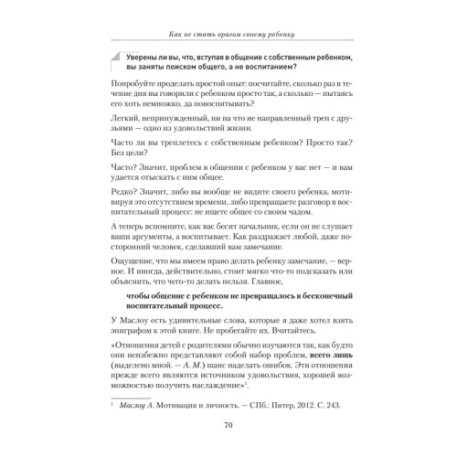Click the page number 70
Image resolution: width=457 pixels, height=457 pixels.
(x=228, y=423)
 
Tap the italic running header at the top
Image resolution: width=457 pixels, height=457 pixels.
(x=228, y=34)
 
